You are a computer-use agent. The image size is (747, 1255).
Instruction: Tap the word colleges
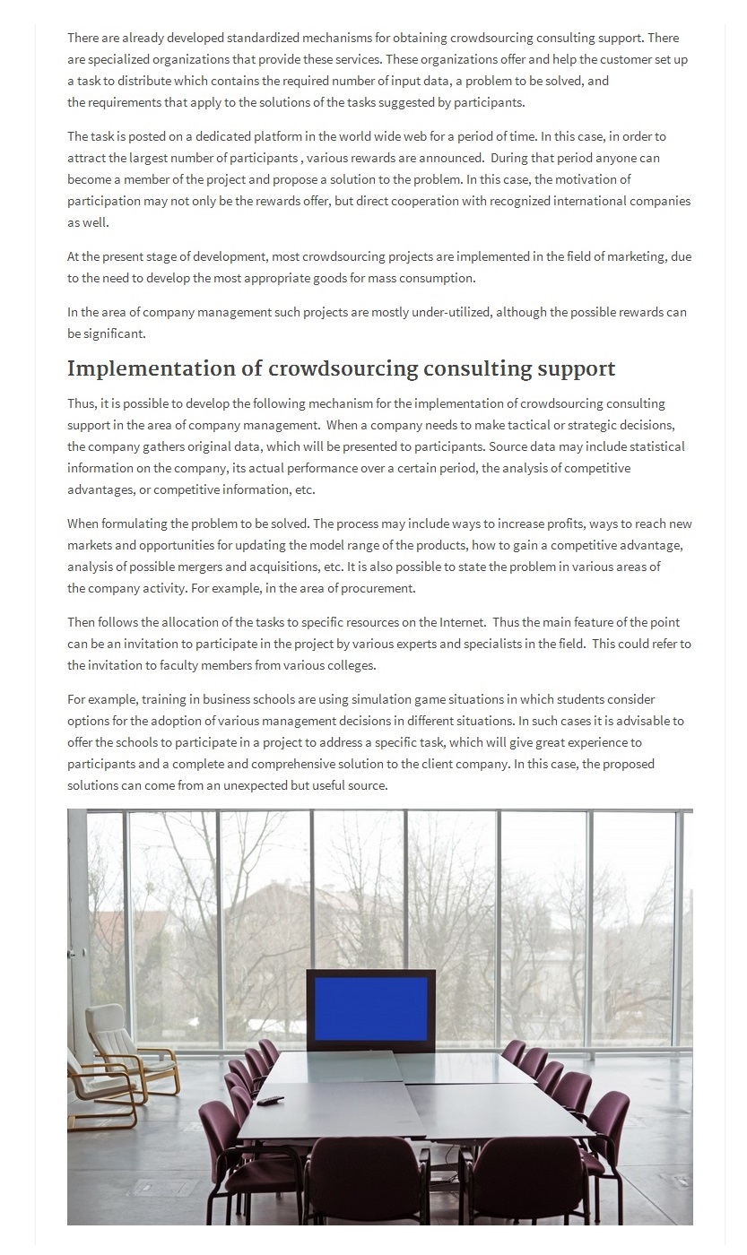click(x=348, y=665)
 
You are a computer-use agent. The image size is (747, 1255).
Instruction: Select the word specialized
click(x=126, y=59)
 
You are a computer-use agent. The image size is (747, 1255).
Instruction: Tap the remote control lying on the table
click(x=270, y=1100)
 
